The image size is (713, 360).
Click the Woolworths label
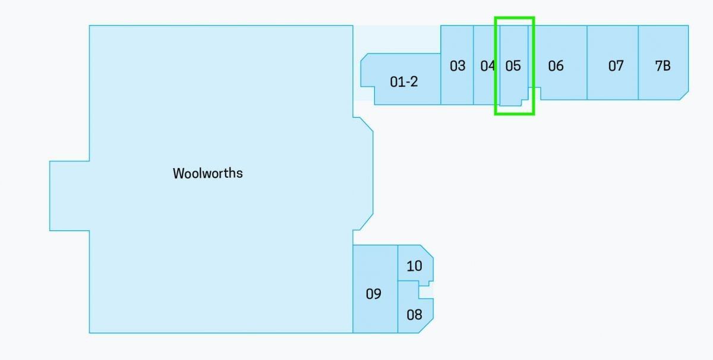208,173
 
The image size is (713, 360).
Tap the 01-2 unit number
403,82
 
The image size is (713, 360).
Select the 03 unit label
458,66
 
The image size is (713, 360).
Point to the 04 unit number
487,66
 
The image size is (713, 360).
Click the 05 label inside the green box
513,66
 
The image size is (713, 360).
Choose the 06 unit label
556,66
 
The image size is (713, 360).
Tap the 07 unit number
616,66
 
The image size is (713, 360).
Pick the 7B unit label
662,66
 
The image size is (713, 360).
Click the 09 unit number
373,294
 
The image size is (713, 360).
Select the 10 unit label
414,266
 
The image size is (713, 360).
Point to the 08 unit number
414,315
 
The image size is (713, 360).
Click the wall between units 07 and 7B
638,63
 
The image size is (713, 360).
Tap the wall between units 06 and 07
587,63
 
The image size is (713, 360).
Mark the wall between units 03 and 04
474,65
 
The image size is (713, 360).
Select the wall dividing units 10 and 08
408,281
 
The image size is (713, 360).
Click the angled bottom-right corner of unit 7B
684,96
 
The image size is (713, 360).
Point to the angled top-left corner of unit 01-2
364,56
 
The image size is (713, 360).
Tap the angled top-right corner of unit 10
427,251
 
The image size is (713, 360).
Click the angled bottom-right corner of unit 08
426,326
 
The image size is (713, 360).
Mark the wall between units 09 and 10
398,263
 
